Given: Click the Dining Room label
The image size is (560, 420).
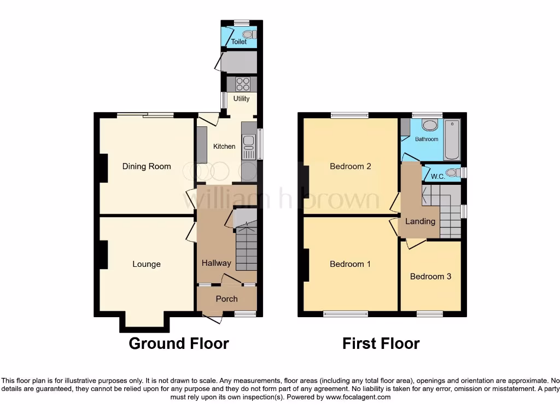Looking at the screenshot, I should (146, 166).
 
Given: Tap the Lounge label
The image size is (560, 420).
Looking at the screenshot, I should (146, 264).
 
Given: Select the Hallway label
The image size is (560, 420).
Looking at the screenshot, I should (216, 263).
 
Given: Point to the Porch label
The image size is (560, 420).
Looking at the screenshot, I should (226, 299).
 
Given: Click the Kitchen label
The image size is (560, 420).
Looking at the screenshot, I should (224, 146).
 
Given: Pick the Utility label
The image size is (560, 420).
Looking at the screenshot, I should (241, 98).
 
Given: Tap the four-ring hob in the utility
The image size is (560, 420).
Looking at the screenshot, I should (243, 84).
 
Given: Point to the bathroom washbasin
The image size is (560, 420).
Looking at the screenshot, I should (430, 125).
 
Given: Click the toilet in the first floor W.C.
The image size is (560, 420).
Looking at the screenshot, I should (452, 173).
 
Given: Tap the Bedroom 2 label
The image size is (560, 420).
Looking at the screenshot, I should (350, 166).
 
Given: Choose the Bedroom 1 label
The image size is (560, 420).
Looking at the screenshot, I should (350, 264).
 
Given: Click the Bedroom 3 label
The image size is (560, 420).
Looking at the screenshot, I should (430, 276).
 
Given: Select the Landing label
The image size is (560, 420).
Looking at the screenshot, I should (420, 221).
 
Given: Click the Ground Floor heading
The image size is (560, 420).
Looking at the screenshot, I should (178, 343).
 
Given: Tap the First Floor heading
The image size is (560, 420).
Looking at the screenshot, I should (381, 343).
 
